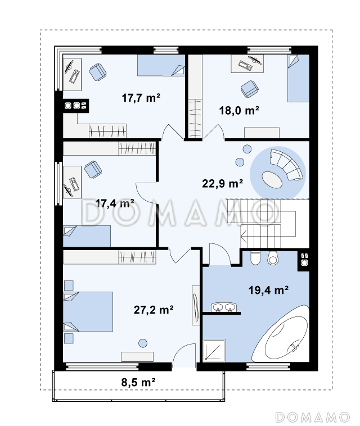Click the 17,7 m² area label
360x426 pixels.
(x=141, y=98)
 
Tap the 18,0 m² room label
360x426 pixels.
(x=239, y=111)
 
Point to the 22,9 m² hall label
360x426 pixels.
(x=222, y=184)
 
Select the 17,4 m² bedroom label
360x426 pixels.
(x=115, y=203)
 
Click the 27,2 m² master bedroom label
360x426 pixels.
(x=154, y=310)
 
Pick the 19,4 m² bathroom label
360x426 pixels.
(x=269, y=290)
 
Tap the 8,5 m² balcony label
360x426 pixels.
(x=138, y=382)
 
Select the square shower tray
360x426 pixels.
(x=214, y=351)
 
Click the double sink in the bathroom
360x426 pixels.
(x=224, y=307)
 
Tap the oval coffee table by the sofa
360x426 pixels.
(x=272, y=179)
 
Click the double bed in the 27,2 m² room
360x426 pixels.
(x=88, y=311)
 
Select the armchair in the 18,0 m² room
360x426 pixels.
(x=249, y=89)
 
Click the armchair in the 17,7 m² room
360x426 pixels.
(x=98, y=72)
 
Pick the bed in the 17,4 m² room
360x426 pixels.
(x=87, y=236)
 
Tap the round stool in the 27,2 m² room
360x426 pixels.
(x=143, y=343)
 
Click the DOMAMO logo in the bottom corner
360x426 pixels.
(x=313, y=417)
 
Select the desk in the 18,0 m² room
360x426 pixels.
(x=247, y=64)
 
